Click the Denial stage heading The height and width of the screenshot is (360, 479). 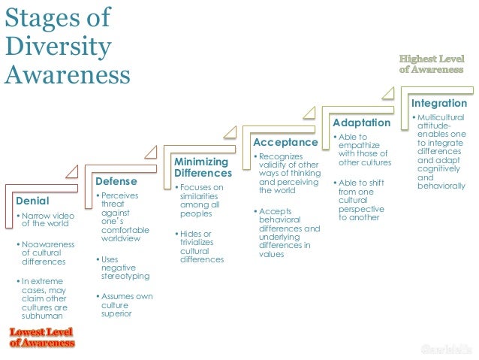point(32,201)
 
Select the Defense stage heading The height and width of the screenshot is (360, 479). point(116,181)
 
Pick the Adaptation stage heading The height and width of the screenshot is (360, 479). point(361,122)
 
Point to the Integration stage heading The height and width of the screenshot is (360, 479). point(439,102)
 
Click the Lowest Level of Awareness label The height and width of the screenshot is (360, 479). point(42,337)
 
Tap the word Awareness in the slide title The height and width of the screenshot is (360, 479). point(67,75)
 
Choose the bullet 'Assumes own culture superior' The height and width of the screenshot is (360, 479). point(125,304)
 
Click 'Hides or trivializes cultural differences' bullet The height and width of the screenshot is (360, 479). point(201,246)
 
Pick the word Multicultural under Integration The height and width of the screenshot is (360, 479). point(441,118)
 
